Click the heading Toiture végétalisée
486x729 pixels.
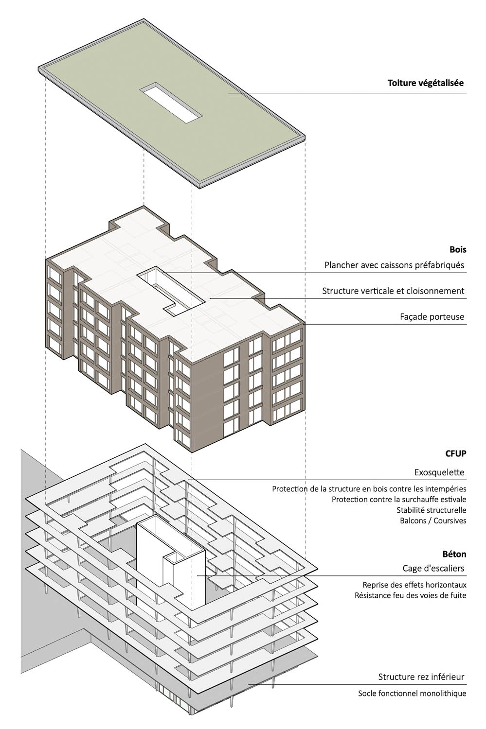tap(425, 83)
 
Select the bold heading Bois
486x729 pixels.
tap(458, 250)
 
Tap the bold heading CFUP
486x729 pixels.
tap(456, 453)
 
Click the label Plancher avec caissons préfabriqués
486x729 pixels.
tap(394, 265)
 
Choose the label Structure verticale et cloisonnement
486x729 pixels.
tap(393, 291)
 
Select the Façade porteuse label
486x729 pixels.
tap(432, 317)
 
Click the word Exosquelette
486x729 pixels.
tap(439, 472)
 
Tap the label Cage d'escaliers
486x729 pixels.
tap(433, 568)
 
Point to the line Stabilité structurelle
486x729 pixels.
tap(432, 510)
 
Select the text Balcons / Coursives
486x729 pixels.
tap(433, 521)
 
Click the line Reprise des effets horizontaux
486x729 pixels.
tap(414, 585)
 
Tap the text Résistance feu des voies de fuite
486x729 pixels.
tap(411, 595)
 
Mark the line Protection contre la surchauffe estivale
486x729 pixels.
tap(399, 499)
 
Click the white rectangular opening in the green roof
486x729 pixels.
tap(171, 103)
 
